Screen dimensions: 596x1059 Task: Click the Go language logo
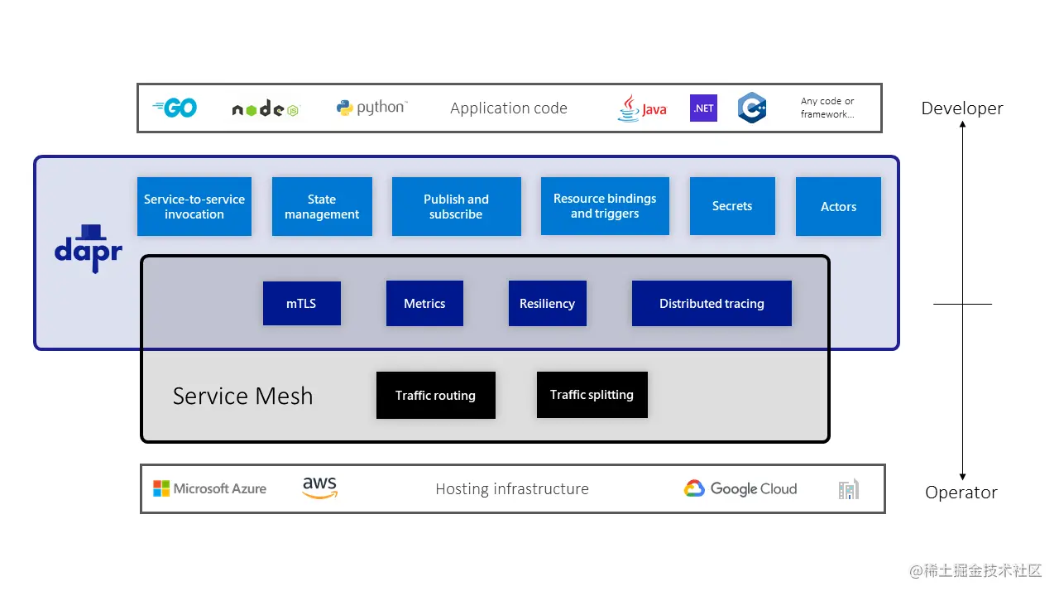tap(175, 108)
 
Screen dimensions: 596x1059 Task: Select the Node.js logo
tap(265, 109)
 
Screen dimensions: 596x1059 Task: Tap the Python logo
tap(371, 108)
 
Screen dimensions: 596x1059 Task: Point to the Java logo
tap(641, 108)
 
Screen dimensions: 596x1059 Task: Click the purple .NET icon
tap(703, 108)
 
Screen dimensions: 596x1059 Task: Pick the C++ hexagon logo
tap(752, 108)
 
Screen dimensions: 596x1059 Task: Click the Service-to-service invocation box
tap(194, 206)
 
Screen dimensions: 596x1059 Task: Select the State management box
tap(322, 206)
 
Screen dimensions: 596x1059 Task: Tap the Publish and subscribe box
tap(456, 206)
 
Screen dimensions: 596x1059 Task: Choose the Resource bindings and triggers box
tap(605, 205)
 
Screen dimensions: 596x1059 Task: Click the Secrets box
tap(732, 205)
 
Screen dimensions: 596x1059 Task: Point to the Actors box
tap(838, 206)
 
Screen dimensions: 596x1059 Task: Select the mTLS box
tap(301, 303)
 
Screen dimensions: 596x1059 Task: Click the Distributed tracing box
tap(712, 303)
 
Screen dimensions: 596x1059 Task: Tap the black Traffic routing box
tap(435, 395)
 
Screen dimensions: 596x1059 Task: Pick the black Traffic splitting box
tap(592, 394)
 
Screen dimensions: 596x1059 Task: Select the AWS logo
tap(319, 488)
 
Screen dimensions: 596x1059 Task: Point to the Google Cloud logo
tap(740, 488)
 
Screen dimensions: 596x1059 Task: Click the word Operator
tap(961, 493)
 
